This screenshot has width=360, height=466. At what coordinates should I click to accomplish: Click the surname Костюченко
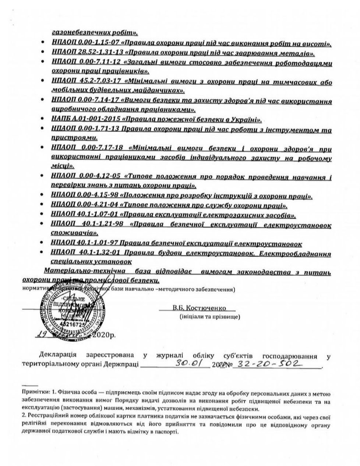pyautogui.click(x=208, y=308)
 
